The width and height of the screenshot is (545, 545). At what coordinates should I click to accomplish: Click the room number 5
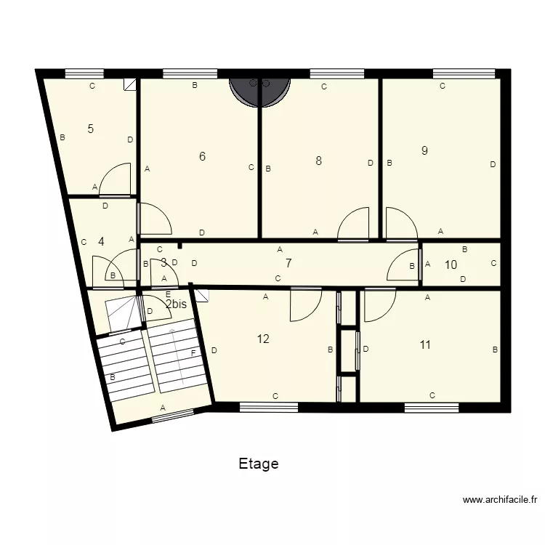point(90,129)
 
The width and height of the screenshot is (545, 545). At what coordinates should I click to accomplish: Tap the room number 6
point(203,156)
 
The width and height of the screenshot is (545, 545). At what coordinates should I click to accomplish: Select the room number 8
point(318,161)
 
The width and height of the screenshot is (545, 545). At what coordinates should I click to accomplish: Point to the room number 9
point(424,150)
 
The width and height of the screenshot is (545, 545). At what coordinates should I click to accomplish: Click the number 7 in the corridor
point(288,263)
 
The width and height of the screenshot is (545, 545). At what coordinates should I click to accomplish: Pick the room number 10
point(451,265)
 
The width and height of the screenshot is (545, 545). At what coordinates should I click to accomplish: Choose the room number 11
point(425,344)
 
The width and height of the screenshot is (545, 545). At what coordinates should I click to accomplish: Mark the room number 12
point(263,339)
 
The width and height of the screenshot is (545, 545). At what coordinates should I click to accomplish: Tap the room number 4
point(101,242)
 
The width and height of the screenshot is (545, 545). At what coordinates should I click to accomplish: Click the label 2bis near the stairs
point(179,304)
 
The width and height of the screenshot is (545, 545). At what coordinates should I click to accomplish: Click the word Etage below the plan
point(258,464)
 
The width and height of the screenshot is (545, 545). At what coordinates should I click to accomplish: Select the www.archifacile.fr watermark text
point(499,500)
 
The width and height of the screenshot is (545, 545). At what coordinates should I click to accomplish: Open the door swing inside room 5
point(116,180)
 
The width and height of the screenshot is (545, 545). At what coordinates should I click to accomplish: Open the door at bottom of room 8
point(354,224)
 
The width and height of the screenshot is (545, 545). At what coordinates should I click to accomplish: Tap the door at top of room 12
point(305,304)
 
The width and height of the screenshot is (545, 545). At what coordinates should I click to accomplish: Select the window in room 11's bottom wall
point(432,408)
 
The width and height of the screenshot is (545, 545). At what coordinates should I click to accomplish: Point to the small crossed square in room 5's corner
point(131,84)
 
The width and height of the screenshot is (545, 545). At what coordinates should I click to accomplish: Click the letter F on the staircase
point(193,353)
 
